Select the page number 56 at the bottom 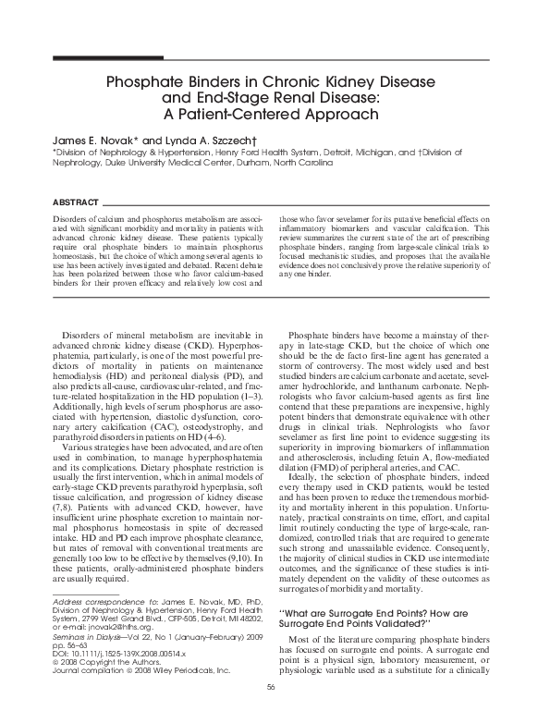coord(271,710)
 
